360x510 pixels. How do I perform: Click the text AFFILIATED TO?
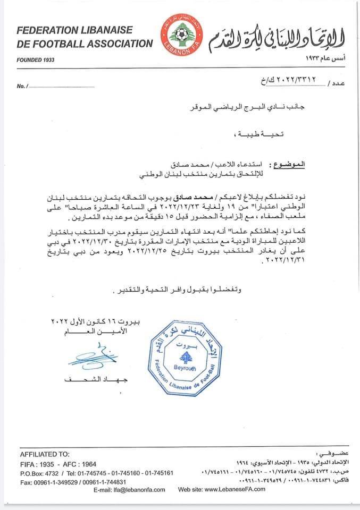(45, 455)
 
